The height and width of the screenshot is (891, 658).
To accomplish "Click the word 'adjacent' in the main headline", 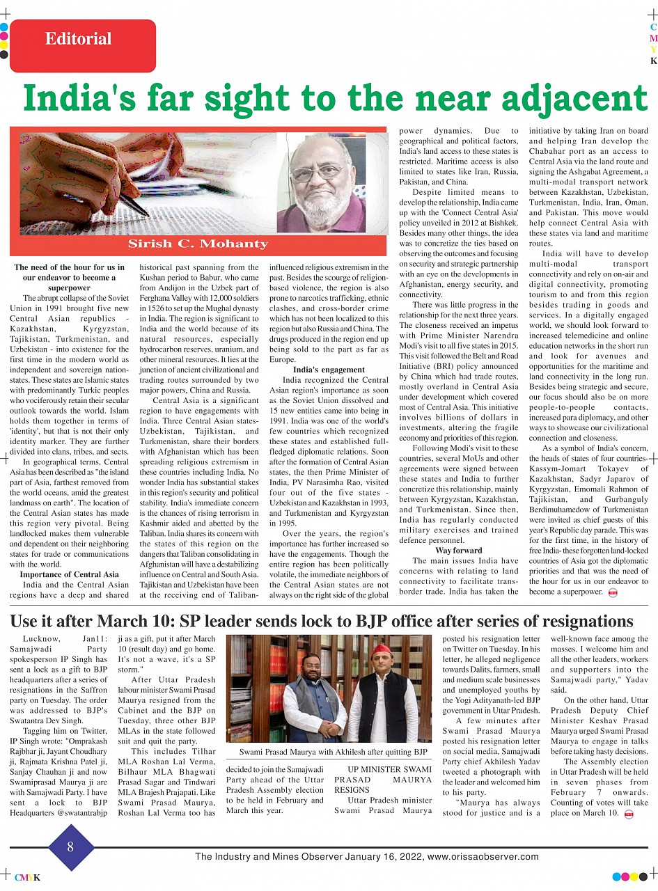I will [570, 98].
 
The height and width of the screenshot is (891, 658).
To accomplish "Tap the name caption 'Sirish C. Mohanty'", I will [198, 244].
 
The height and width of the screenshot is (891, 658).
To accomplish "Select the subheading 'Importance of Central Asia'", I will [69, 574].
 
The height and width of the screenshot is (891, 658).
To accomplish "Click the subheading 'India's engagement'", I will [329, 370].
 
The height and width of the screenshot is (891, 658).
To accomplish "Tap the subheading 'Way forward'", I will [458, 551].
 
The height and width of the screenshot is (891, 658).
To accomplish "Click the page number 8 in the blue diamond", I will [70, 847].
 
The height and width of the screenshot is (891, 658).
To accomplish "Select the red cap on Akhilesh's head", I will [380, 650].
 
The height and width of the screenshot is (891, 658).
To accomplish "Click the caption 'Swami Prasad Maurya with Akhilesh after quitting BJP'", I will [333, 752].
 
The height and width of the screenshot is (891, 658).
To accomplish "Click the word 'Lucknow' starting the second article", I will [41, 638].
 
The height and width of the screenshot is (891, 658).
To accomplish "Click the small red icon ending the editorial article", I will [613, 592].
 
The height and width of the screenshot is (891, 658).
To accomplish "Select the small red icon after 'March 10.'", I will [629, 814].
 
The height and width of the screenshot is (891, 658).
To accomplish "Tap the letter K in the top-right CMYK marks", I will [653, 61].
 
